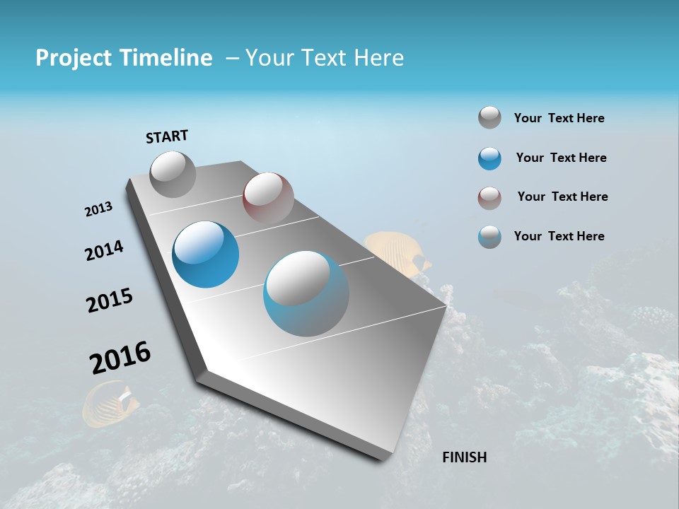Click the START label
[x=167, y=136]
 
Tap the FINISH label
[x=464, y=457]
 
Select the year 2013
[x=98, y=209]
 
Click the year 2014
[x=104, y=251]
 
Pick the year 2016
[x=120, y=358]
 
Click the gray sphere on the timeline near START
[x=173, y=174]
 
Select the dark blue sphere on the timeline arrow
[x=205, y=255]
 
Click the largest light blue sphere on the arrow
[x=306, y=293]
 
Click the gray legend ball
[x=489, y=118]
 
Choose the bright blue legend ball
[x=489, y=158]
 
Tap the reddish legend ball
[x=489, y=198]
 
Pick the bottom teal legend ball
[x=489, y=237]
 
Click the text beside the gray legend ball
[x=559, y=118]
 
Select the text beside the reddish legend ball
[x=562, y=197]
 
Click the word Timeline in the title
[x=166, y=58]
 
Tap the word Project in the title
[x=74, y=58]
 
